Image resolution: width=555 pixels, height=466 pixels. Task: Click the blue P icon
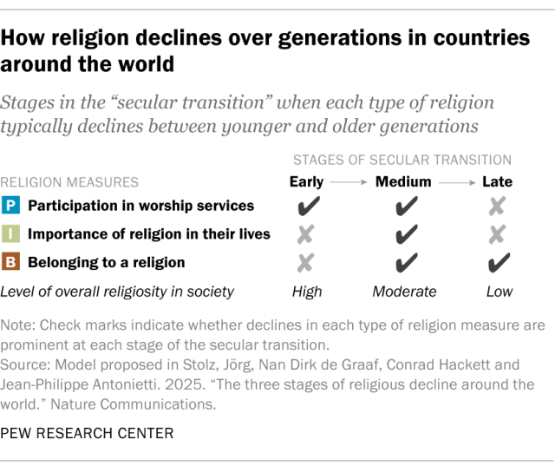[12, 206]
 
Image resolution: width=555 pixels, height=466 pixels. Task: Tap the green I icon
[12, 233]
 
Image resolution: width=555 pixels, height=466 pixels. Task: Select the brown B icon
[12, 261]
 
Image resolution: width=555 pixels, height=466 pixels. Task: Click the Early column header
[306, 182]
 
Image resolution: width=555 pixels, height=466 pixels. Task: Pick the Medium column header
[402, 182]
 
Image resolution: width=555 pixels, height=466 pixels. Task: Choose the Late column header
[499, 182]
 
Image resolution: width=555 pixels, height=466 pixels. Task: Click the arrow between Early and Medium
[349, 183]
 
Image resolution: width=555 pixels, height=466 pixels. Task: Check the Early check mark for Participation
[306, 207]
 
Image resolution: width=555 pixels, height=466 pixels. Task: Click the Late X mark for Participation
[499, 207]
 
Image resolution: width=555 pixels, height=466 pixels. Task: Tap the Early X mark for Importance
[306, 234]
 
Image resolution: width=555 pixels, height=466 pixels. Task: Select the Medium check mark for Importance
[402, 234]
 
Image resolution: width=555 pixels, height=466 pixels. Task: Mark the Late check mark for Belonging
[499, 262]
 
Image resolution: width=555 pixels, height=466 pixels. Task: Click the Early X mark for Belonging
[306, 262]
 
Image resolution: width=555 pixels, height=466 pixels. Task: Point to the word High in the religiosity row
[306, 292]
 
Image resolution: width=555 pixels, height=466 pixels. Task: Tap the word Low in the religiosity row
[499, 292]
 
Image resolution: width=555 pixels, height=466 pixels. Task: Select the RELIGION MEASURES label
[69, 182]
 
